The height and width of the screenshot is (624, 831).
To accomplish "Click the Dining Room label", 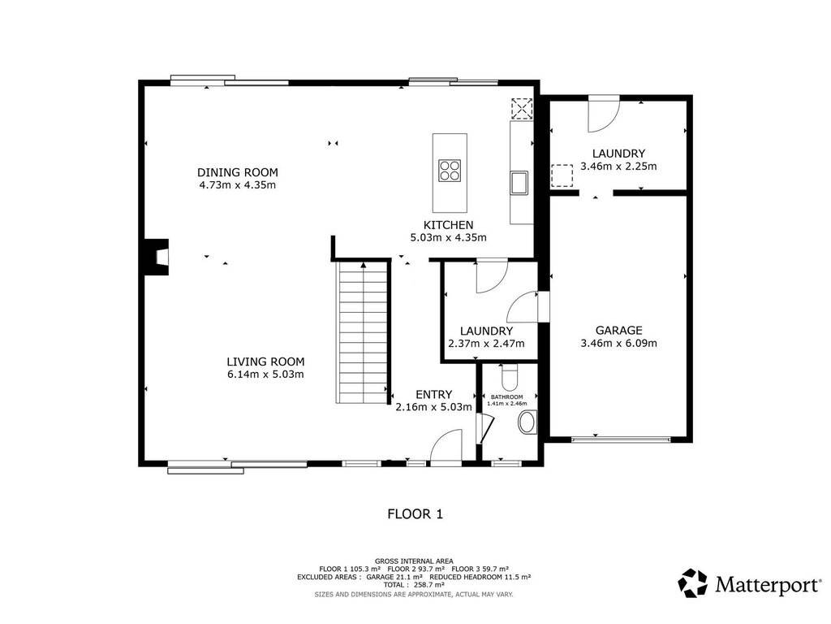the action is point(238,172).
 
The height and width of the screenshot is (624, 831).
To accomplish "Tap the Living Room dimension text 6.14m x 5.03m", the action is point(265,375).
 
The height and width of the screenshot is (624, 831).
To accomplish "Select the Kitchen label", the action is point(448,225).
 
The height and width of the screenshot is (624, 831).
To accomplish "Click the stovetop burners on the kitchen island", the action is point(450,171).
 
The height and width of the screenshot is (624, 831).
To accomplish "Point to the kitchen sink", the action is point(519,182).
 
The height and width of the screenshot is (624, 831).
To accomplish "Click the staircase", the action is point(363,332).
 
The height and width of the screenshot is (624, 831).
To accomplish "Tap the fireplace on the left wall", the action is point(157,258).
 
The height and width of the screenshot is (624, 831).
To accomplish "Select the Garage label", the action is point(618,331).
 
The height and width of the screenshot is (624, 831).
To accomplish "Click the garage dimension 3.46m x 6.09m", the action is point(618,344).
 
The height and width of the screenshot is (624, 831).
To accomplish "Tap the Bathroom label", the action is point(506,396).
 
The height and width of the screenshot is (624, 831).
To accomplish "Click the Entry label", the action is point(433,395).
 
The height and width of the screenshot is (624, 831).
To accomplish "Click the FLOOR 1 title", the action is point(415,514).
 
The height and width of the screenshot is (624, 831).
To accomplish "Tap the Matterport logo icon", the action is point(693,583).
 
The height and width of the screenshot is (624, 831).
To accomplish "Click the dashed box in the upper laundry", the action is point(562,175).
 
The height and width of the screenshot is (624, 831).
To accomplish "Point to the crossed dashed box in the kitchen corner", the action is point(522,109).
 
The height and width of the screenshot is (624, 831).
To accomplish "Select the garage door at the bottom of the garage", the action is point(621,440).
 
